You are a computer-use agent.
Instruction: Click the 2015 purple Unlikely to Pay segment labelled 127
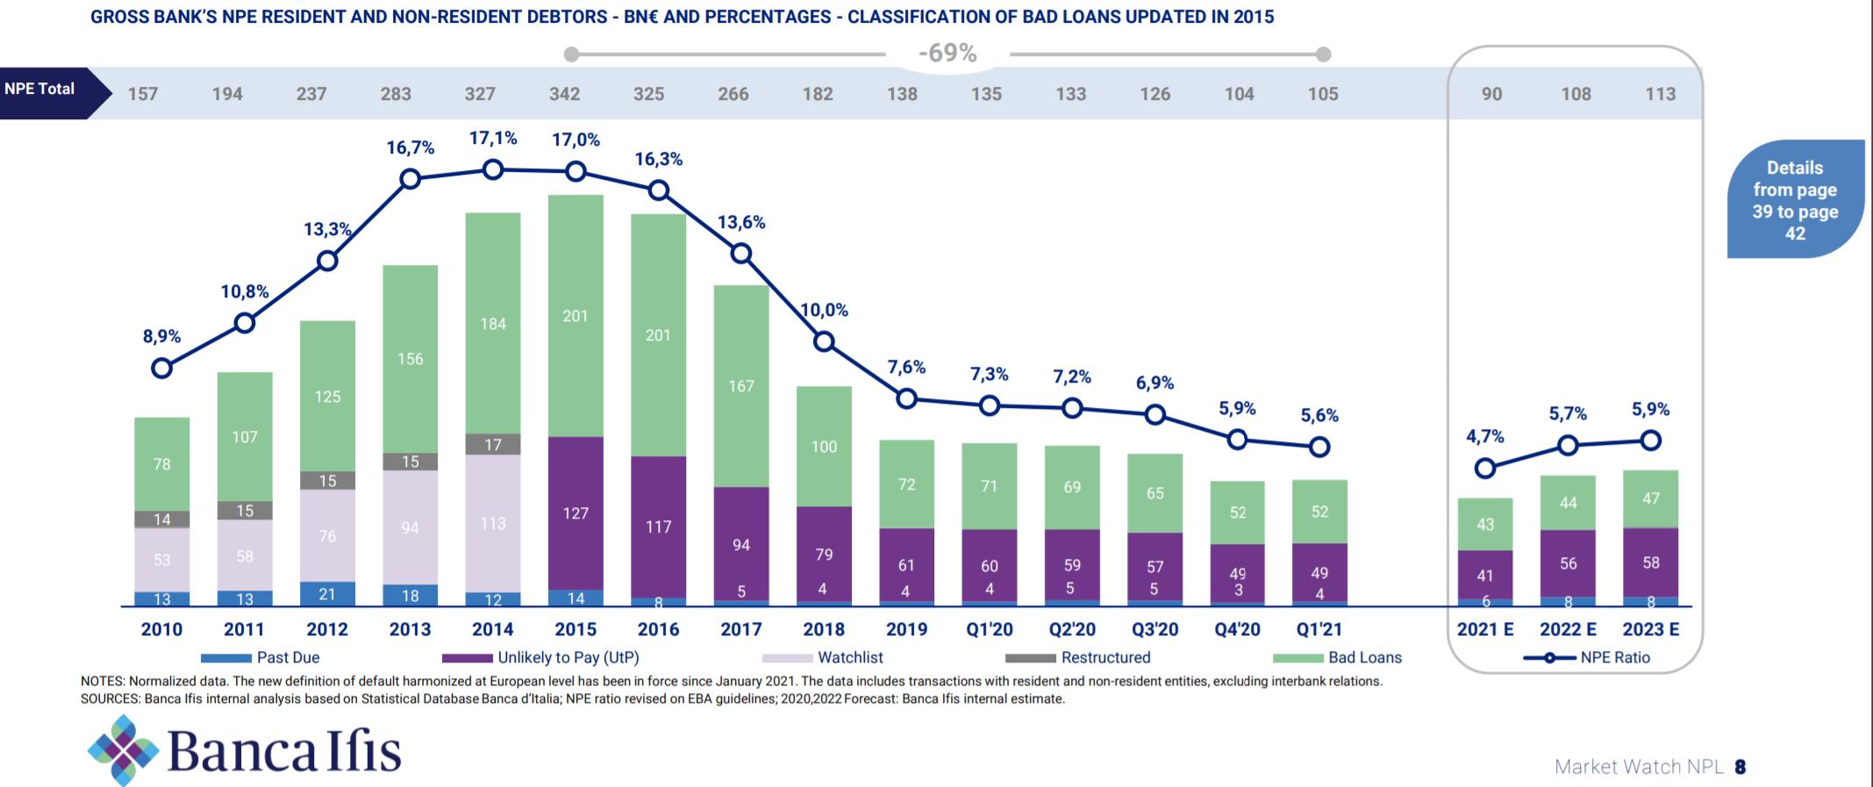point(575,512)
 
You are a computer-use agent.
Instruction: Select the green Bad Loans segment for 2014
point(493,323)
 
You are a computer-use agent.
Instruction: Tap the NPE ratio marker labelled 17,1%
point(493,169)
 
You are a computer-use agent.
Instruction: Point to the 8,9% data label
point(161,336)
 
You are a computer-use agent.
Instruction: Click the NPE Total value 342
point(564,94)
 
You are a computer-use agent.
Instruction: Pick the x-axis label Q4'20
point(1237,629)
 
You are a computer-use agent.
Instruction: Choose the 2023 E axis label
point(1650,629)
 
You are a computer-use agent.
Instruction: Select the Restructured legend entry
point(1078,657)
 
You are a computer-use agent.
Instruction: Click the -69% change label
point(947,54)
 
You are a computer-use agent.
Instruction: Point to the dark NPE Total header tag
point(44,89)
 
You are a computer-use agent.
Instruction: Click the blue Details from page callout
point(1795,200)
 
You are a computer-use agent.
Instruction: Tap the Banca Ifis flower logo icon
point(123,750)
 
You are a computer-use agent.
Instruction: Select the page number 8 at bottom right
point(1741,767)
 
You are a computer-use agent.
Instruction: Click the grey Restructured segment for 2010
point(161,519)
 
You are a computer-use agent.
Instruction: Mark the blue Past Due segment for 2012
point(327,594)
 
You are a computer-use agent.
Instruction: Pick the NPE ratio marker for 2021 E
point(1484,469)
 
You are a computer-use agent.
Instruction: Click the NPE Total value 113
point(1660,94)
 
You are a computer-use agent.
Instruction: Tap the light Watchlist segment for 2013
point(410,527)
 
